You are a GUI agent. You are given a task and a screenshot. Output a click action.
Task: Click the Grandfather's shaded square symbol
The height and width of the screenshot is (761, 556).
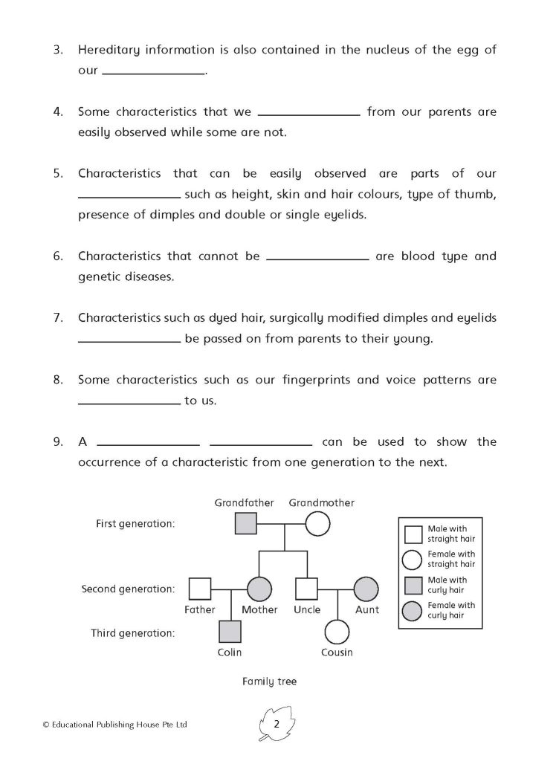(246, 524)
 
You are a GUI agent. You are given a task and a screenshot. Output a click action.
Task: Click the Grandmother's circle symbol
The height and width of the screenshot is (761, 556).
(317, 524)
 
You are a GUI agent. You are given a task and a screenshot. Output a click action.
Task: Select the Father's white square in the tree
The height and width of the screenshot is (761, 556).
(198, 589)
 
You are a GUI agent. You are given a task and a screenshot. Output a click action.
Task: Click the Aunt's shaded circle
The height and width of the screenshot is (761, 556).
(366, 589)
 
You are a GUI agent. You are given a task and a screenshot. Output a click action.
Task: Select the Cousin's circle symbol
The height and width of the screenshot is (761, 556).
(337, 632)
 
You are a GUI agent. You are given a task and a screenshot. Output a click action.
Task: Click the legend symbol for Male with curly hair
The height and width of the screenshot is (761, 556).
(413, 585)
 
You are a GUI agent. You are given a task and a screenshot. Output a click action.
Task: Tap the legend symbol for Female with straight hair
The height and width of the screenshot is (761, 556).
(413, 559)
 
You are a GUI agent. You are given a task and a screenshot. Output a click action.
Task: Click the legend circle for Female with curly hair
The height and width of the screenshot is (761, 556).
(413, 611)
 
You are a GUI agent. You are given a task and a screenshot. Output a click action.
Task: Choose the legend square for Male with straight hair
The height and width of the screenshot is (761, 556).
(413, 534)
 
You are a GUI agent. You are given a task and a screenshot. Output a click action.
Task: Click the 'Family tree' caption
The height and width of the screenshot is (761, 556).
(269, 681)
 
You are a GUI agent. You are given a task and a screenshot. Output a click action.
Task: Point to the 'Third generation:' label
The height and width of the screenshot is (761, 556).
(133, 633)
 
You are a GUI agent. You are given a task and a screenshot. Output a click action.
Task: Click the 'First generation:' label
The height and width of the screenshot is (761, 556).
(135, 524)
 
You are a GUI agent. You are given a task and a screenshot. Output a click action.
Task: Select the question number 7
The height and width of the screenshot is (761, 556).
(58, 318)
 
